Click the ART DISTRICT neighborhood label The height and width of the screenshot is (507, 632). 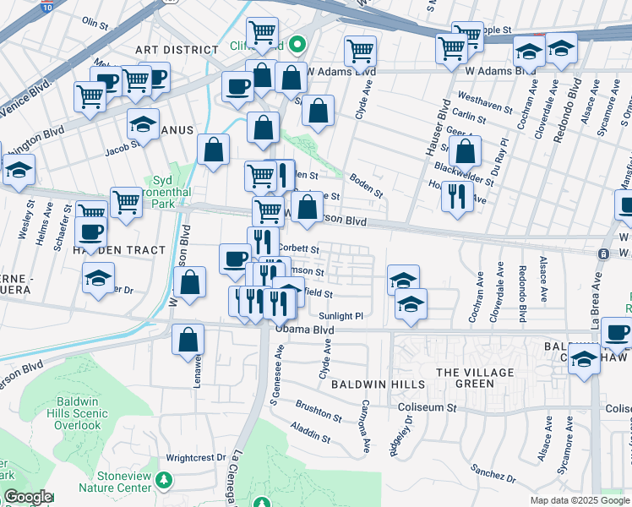[x=178, y=50]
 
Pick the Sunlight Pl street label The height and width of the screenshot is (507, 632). [x=341, y=316]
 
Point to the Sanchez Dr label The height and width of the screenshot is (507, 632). [x=488, y=468]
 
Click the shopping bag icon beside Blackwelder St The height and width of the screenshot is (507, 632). [x=465, y=151]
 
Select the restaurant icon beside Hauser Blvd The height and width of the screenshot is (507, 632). [x=456, y=196]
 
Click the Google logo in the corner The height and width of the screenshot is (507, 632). [x=27, y=497]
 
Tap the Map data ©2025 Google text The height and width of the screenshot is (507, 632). [x=580, y=500]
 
